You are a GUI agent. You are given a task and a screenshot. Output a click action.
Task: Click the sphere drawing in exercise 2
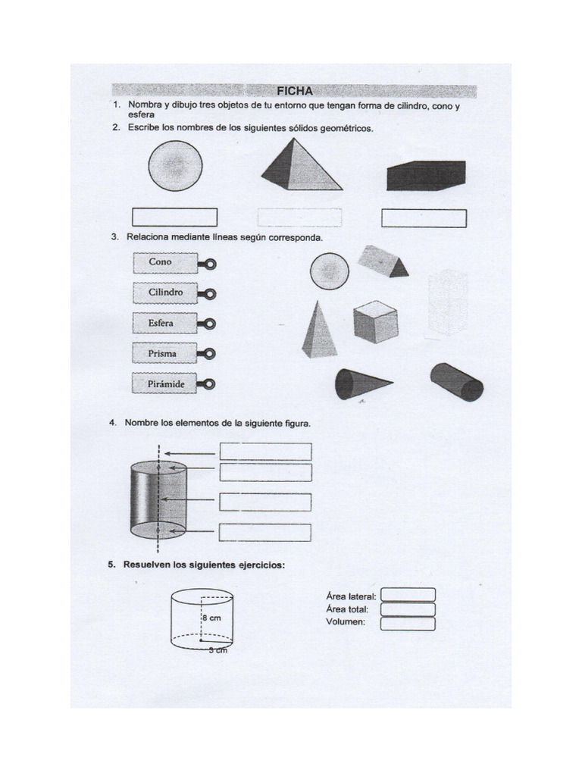(x=175, y=166)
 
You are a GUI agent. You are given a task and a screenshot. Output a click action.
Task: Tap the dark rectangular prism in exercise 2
(x=425, y=175)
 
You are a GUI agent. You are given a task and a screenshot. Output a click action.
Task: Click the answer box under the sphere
(x=174, y=217)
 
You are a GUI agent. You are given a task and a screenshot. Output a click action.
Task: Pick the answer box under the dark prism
(x=424, y=218)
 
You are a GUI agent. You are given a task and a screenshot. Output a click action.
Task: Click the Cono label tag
(x=165, y=262)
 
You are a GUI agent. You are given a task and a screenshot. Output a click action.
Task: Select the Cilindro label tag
(x=165, y=293)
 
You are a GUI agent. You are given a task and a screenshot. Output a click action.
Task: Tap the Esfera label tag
(x=165, y=323)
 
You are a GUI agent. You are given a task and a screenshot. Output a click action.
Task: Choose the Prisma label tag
(x=165, y=353)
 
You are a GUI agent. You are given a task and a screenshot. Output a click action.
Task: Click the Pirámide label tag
(x=165, y=383)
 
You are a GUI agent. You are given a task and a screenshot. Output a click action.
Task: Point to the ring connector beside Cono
(x=209, y=264)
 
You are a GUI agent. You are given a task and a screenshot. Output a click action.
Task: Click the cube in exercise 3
(x=374, y=321)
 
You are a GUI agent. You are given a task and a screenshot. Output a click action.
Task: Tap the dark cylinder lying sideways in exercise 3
(x=456, y=381)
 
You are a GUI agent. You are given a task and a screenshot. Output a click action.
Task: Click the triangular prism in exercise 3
(x=383, y=261)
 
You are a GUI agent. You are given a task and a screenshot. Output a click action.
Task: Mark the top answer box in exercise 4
(x=265, y=452)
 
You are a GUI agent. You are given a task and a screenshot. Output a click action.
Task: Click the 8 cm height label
(x=211, y=618)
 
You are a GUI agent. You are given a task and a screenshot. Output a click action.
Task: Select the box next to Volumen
(x=408, y=624)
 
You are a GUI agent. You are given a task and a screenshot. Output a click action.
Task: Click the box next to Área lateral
(x=408, y=595)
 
